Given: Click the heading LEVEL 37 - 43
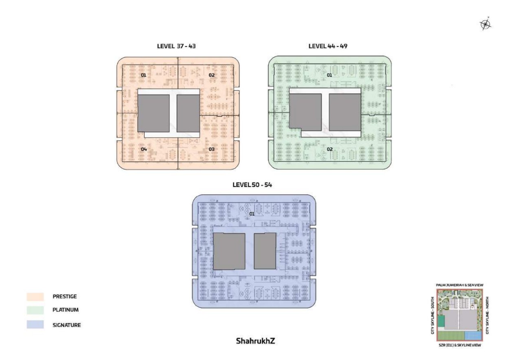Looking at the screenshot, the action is tap(176, 46).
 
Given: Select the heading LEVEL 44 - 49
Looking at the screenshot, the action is tap(328, 46).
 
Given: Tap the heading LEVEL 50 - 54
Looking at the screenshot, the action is tap(252, 185).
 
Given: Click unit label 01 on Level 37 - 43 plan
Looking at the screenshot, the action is tap(143, 75).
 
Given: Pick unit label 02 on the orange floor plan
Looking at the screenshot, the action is tap(212, 75).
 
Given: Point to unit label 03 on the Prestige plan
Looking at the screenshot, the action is tap(212, 149).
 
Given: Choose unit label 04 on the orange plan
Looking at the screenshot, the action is tap(143, 149).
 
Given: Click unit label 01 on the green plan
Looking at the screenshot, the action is tap(329, 75).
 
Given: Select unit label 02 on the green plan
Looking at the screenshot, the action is tap(330, 149).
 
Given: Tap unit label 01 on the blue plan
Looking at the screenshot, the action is tap(252, 214).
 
